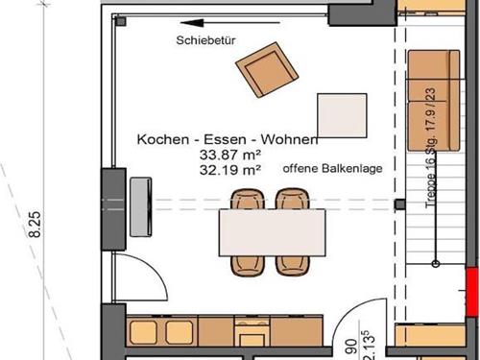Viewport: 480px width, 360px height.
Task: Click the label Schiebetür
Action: [205, 40]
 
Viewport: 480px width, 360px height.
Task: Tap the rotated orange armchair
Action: [267, 69]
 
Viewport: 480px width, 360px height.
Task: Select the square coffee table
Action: [342, 115]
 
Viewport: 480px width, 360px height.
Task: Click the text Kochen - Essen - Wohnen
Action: [228, 139]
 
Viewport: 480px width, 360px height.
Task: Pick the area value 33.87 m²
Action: [230, 155]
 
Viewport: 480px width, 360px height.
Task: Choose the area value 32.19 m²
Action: [230, 170]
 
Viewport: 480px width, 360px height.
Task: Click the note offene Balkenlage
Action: [332, 168]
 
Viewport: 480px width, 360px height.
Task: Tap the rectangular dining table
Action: [273, 232]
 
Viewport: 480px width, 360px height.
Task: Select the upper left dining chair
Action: [248, 199]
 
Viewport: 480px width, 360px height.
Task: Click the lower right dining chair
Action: [293, 266]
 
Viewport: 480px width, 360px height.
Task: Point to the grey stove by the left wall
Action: [141, 206]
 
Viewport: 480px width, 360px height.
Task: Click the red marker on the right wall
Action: [472, 292]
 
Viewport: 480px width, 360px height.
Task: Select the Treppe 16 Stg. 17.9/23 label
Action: [431, 148]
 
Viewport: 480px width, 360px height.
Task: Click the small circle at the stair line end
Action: [435, 264]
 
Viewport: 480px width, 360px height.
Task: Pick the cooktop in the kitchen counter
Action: [252, 330]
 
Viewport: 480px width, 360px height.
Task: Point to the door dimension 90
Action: [351, 347]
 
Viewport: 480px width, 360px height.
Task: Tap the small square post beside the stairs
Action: [399, 204]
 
